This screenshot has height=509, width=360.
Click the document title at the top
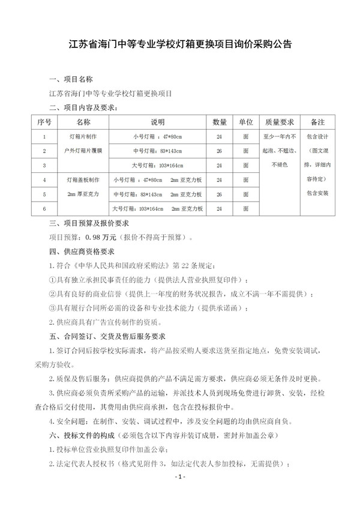click(180, 44)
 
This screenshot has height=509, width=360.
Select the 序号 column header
click(44, 122)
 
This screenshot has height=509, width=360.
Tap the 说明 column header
click(157, 122)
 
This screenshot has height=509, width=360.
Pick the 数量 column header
click(219, 122)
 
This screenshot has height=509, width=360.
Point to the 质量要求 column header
click(280, 122)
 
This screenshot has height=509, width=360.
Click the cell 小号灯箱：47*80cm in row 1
click(157, 136)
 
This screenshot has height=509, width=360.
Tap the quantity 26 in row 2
click(219, 151)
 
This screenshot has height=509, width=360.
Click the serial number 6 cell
click(44, 209)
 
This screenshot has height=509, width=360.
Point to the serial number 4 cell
click(44, 180)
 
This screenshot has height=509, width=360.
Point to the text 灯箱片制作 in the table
click(87, 136)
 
